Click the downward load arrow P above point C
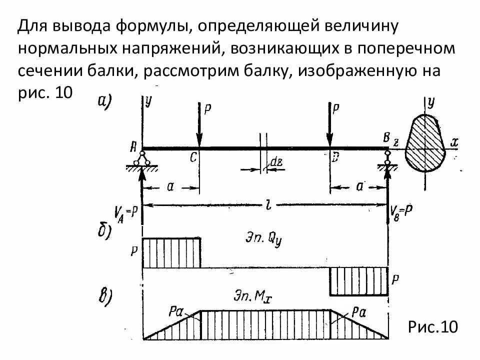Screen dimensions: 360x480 (x=199, y=125)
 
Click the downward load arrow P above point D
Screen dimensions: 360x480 (x=329, y=125)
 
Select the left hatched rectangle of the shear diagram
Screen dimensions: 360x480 (x=171, y=252)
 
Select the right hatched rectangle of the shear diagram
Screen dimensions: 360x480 (x=358, y=281)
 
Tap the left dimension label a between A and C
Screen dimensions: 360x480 (x=170, y=187)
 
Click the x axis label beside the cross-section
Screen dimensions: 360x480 (x=454, y=142)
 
